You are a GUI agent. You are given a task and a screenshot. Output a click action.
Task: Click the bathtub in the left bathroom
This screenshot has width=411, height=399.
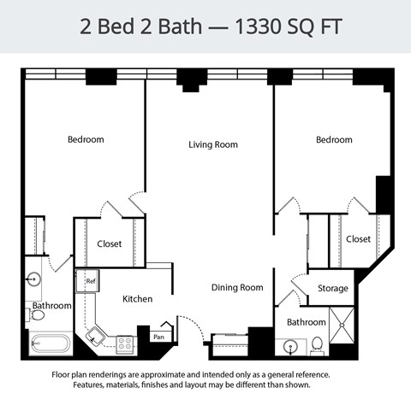[x=50, y=343]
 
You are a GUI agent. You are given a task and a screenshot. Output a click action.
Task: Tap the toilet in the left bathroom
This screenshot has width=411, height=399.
[x=39, y=315]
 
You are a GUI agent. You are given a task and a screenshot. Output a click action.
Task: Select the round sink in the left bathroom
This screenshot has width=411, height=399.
[x=34, y=279]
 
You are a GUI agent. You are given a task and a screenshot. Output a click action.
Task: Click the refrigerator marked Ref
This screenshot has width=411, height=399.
[x=90, y=279]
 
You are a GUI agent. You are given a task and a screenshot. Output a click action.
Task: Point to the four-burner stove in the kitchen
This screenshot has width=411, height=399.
[x=125, y=343]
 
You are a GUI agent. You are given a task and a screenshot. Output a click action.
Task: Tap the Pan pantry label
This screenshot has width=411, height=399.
[x=158, y=337]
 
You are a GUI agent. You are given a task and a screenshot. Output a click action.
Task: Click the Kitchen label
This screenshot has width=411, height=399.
[x=137, y=299]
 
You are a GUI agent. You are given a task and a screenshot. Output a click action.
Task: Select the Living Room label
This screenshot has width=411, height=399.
[x=213, y=145]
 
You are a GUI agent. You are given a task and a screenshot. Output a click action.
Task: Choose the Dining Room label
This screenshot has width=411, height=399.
[x=237, y=288]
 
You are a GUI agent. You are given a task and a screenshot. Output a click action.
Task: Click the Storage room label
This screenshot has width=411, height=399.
[x=333, y=289]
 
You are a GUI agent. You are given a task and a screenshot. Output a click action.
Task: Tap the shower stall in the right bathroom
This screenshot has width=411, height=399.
[x=342, y=332]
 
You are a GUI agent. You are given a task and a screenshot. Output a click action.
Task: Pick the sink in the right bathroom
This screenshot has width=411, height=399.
[x=291, y=347]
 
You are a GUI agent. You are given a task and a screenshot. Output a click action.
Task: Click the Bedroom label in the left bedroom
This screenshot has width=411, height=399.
[x=86, y=139]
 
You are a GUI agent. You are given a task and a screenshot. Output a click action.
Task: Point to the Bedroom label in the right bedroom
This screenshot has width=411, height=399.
[x=333, y=139]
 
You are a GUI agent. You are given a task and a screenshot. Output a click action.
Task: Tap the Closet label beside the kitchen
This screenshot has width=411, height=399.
[x=109, y=244]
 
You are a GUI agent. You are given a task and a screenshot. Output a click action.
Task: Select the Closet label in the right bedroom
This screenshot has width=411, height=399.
[x=358, y=239]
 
